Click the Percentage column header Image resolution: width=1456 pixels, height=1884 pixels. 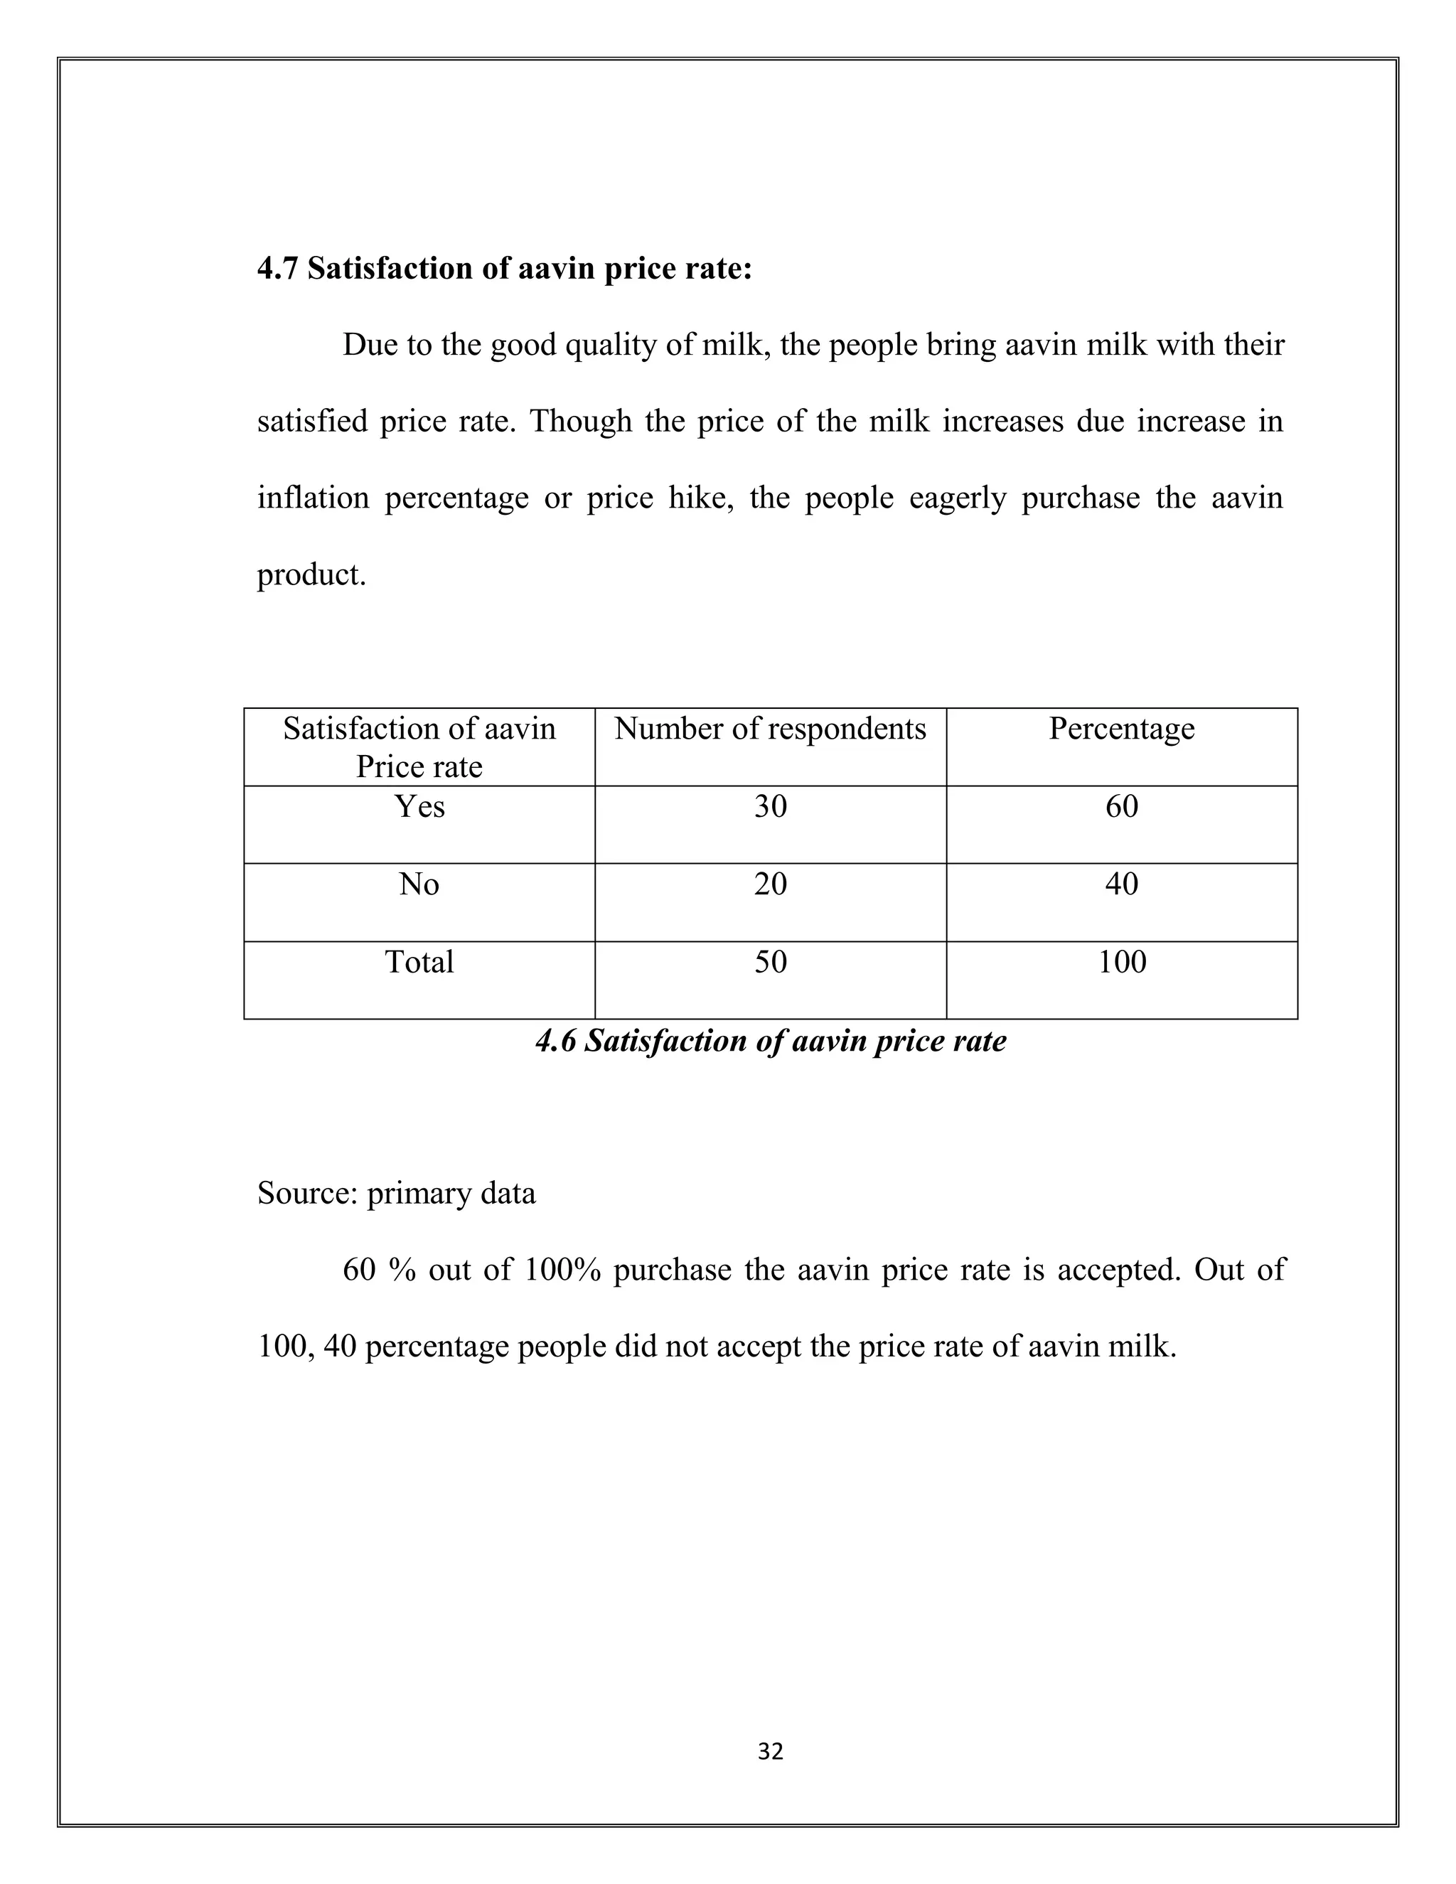[1121, 729]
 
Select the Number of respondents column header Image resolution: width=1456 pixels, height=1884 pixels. [769, 729]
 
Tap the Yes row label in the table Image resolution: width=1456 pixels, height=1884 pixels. [419, 807]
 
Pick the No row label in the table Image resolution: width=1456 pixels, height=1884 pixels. [419, 884]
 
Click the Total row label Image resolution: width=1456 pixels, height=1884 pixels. [419, 962]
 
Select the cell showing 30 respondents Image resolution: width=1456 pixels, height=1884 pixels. [770, 807]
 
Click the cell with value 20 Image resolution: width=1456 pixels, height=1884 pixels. [770, 884]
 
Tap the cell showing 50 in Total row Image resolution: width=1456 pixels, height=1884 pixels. [770, 962]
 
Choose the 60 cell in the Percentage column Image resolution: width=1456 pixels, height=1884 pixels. [1121, 807]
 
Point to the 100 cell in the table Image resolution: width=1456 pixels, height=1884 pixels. [1121, 962]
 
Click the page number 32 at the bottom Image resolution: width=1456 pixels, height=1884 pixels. [770, 1751]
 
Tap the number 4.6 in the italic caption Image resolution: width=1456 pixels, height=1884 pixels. [555, 1042]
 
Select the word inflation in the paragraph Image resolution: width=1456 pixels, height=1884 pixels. [313, 498]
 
